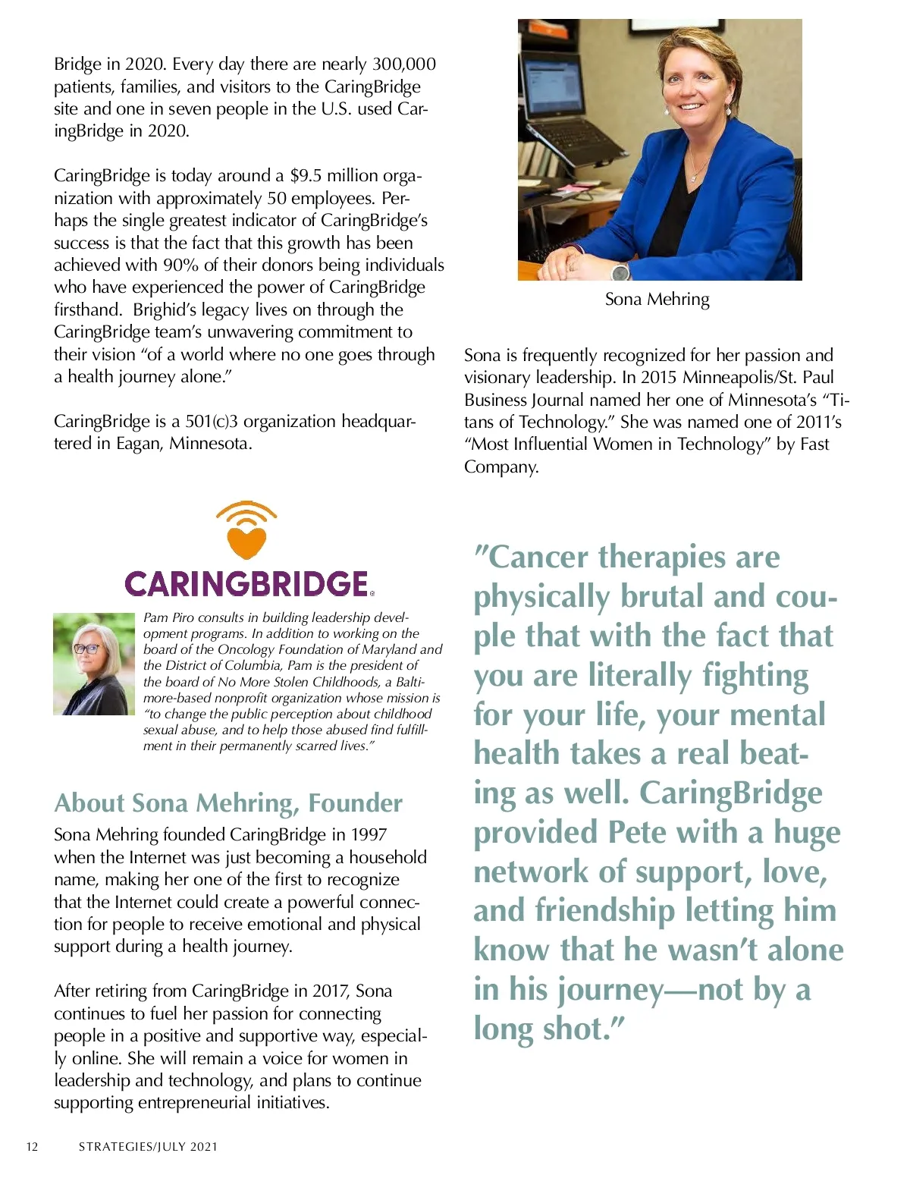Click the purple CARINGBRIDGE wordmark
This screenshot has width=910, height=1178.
tap(246, 584)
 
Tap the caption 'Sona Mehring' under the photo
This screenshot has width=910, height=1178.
tap(657, 300)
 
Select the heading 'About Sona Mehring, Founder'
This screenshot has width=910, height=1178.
tap(228, 803)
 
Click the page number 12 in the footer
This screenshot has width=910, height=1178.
tap(32, 1147)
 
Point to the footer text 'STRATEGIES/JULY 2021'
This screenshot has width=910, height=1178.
tap(148, 1147)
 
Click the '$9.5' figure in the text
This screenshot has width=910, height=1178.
tap(306, 176)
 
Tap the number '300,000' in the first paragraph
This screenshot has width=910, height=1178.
tap(403, 64)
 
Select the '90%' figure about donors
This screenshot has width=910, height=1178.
tap(180, 265)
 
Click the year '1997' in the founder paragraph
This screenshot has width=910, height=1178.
tap(369, 835)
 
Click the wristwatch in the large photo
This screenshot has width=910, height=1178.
tap(620, 271)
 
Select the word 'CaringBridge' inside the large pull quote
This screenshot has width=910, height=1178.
tap(730, 793)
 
